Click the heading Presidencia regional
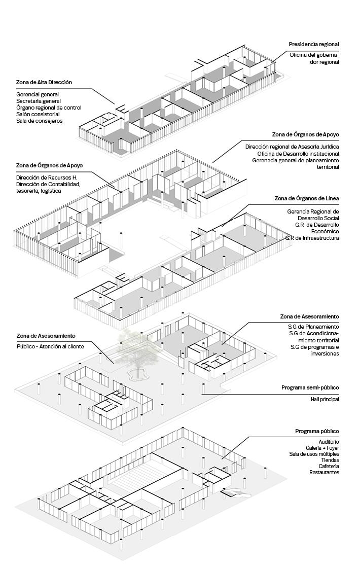click(313, 45)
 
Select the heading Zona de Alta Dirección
click(44, 82)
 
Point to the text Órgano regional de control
click(49, 108)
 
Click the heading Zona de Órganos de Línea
click(306, 198)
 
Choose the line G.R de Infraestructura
click(312, 238)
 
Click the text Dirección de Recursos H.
click(47, 177)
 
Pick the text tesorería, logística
click(39, 191)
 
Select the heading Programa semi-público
click(310, 387)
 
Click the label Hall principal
click(325, 400)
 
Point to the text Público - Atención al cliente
click(50, 346)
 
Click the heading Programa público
click(317, 431)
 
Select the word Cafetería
click(329, 466)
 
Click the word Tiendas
click(330, 460)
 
